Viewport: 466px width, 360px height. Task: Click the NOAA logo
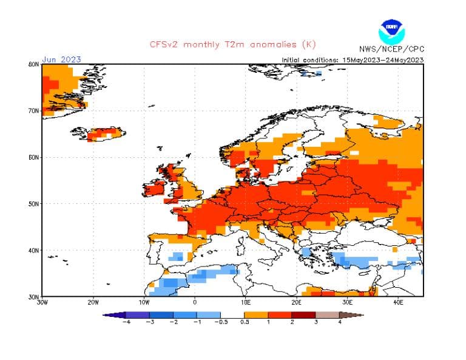coord(391,30)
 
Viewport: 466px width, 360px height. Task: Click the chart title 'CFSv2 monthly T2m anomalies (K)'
coord(232,44)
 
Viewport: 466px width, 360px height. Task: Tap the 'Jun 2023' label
coord(61,59)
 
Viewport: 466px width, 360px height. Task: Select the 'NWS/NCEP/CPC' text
coord(391,49)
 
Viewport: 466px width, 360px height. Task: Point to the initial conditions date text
coord(353,59)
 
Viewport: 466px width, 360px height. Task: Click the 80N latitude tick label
coord(34,64)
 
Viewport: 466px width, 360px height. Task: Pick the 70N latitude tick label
coord(34,110)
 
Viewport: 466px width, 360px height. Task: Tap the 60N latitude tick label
coord(34,157)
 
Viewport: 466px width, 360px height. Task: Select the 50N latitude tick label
coord(34,204)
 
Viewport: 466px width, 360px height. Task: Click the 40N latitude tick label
coord(34,250)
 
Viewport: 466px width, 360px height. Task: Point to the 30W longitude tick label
coord(42,302)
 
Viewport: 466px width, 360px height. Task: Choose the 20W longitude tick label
coord(93,302)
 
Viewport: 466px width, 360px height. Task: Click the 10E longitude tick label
coord(246,302)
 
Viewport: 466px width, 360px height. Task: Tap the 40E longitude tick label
coord(398,302)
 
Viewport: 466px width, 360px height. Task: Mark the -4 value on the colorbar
coord(127,322)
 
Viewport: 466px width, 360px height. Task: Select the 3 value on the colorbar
coord(316,322)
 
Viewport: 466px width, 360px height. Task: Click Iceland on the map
coord(97,134)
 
